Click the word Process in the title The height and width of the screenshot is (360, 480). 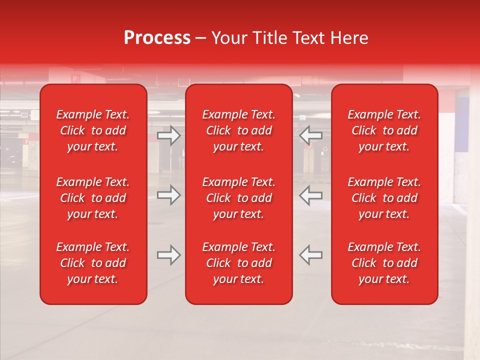click(x=157, y=38)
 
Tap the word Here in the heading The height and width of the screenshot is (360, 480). click(x=350, y=38)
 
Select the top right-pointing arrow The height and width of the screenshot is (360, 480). click(x=168, y=135)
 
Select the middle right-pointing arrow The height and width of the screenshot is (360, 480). click(x=168, y=195)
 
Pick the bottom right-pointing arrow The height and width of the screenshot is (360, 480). click(x=168, y=255)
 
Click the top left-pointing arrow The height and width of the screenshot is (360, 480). click(x=310, y=135)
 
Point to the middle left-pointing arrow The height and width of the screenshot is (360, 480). click(x=310, y=195)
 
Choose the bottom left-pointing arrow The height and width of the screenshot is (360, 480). click(x=310, y=255)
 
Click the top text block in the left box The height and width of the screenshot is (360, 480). click(x=93, y=130)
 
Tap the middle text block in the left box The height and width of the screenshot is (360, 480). click(x=93, y=198)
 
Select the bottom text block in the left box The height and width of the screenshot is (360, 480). click(x=93, y=263)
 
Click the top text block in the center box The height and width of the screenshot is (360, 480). click(x=238, y=130)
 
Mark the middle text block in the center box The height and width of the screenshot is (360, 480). click(x=238, y=198)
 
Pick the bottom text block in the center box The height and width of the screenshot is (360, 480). click(x=238, y=263)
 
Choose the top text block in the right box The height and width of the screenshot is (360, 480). click(x=384, y=130)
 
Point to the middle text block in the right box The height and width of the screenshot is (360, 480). click(x=384, y=198)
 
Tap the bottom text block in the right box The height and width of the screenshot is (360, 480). click(x=384, y=263)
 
